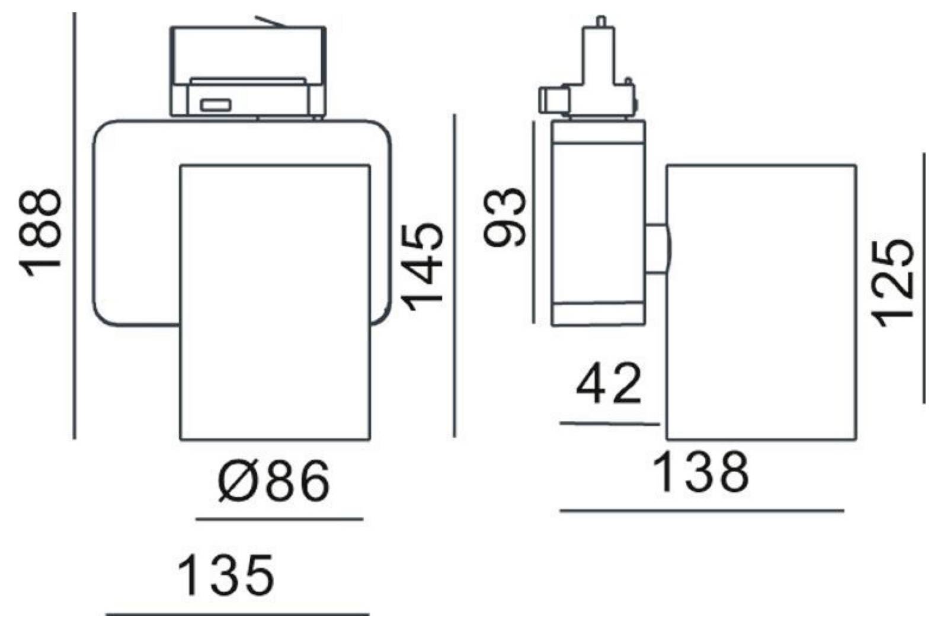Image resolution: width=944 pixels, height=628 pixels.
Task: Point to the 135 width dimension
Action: (x=226, y=575)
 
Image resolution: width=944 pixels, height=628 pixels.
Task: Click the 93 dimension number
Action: (x=504, y=217)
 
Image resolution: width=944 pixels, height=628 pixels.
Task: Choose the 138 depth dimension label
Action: (x=701, y=472)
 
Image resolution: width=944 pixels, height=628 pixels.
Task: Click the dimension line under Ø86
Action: (x=279, y=520)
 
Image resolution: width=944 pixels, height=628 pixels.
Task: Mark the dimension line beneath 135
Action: (x=238, y=615)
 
